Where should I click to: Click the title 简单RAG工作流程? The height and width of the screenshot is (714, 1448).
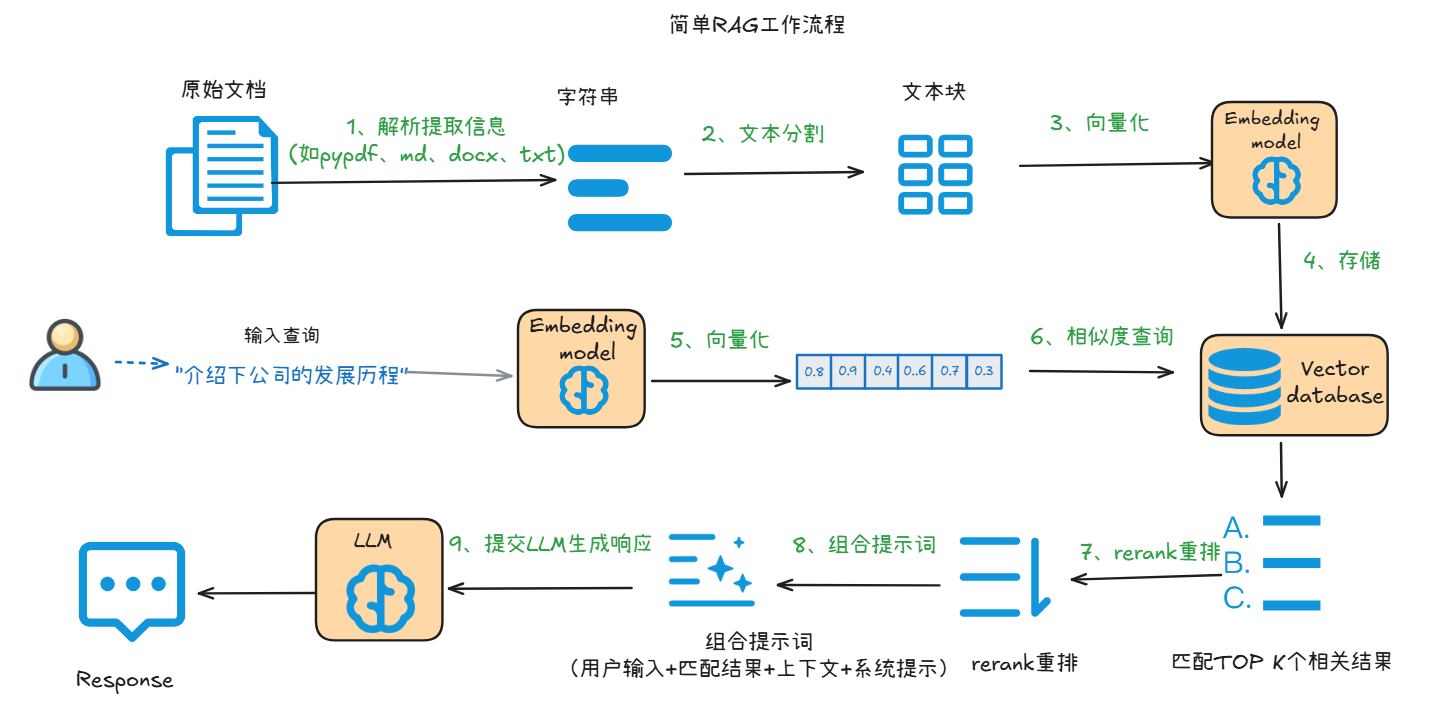point(757,25)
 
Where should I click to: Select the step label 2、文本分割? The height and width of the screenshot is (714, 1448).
point(763,133)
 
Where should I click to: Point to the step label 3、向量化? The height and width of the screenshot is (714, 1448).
point(1099,123)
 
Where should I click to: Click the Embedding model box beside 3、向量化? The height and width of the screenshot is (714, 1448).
point(1273,159)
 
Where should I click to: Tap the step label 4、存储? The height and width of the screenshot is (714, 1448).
point(1341,261)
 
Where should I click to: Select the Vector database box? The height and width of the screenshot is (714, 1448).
point(1294,383)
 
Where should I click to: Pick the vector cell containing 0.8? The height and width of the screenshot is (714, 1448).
point(814,371)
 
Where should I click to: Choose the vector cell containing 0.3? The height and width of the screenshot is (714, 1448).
point(983,371)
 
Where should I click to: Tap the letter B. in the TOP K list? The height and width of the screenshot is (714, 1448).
point(1237,562)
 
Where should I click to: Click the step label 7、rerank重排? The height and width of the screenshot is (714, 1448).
point(1150,551)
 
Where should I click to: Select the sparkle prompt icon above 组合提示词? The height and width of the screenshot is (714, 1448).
point(711,570)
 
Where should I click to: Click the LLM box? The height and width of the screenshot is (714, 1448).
point(378,581)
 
